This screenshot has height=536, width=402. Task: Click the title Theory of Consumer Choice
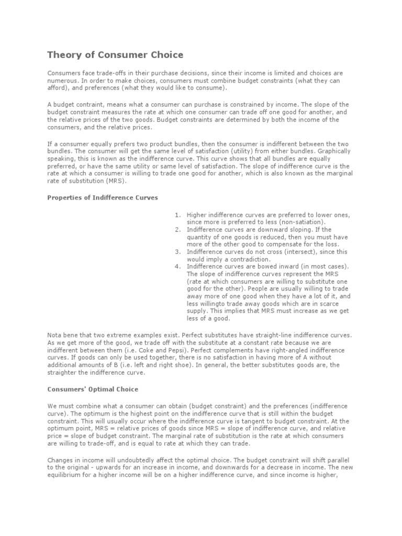(x=115, y=54)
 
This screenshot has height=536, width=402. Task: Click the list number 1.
(x=178, y=215)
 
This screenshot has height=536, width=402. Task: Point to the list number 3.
(x=178, y=252)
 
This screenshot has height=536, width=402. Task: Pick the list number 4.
(x=178, y=266)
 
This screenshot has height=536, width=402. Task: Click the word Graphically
(x=335, y=151)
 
